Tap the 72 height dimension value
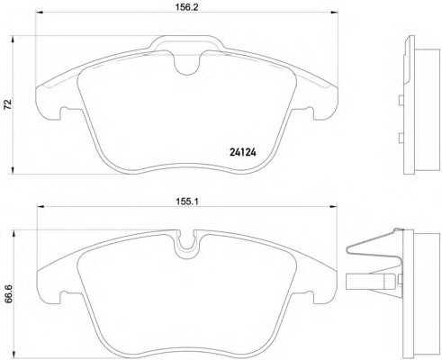click(x=9, y=103)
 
